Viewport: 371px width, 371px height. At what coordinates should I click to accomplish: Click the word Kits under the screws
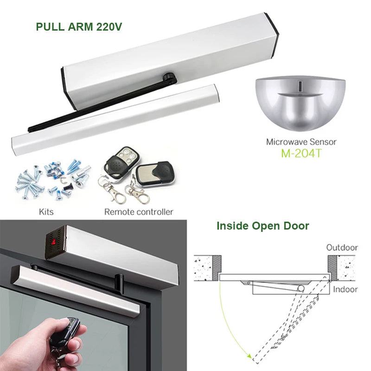coord(46,211)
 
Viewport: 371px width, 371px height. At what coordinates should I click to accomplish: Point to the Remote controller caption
coord(138,211)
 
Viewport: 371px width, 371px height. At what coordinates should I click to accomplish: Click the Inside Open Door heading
coord(262,226)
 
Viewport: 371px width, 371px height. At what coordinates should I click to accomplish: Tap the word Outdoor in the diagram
coord(342,247)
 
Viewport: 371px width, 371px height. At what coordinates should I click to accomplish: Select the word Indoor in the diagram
coord(345,289)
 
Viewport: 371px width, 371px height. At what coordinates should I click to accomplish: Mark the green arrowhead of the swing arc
coord(250,358)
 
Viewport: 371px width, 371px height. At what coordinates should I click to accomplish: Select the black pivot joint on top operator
coord(168,75)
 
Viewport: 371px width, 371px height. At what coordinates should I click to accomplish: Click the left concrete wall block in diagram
coord(206,264)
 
